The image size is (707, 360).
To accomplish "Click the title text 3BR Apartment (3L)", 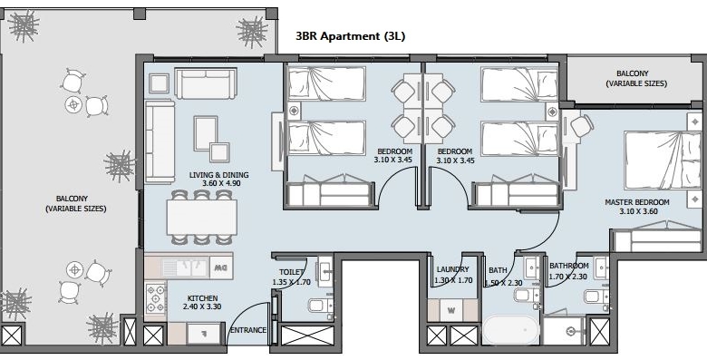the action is tap(351, 36).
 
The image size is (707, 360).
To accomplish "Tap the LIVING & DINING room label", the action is tap(218, 175).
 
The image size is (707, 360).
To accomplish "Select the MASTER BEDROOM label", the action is tap(636, 202).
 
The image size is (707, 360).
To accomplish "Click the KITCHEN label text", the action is tap(202, 298).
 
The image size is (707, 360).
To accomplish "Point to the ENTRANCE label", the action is tap(248, 330).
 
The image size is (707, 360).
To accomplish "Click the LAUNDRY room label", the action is tap(452, 270).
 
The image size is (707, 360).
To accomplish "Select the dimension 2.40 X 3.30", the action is tap(202, 306).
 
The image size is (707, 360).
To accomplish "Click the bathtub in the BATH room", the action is tap(511, 329).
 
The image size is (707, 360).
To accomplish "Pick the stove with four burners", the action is tap(156, 298).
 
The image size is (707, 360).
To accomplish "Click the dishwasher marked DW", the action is tap(221, 268).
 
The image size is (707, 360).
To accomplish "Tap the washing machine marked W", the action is tap(451, 310).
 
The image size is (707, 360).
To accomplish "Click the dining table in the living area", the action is tap(201, 217).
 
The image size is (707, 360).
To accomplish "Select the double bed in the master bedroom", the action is tap(663, 161).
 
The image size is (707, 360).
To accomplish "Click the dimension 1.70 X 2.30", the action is tap(567, 277).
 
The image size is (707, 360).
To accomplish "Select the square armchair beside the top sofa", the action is tap(159, 83).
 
